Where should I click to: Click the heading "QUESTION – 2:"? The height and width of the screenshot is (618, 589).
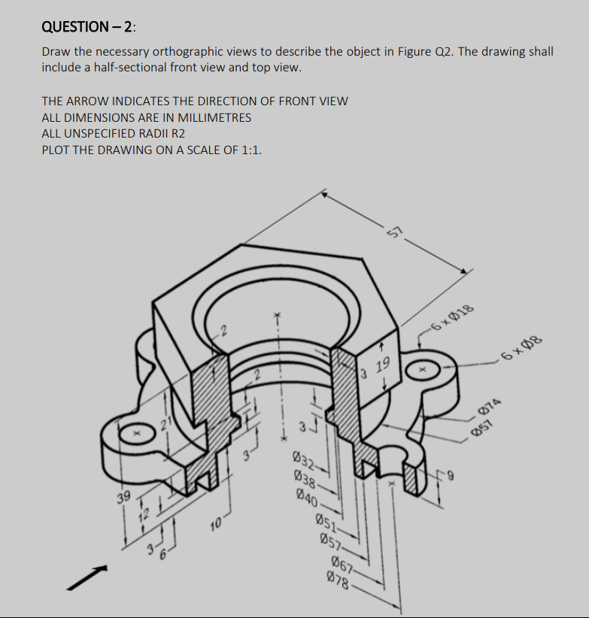coord(89,27)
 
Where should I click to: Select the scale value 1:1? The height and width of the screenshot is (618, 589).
coord(250,150)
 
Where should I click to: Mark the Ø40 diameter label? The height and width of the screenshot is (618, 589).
coord(310,495)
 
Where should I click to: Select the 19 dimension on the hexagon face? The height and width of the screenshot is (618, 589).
coord(382,366)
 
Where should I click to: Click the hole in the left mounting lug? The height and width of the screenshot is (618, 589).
coord(137,434)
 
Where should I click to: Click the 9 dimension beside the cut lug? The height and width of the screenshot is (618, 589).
coord(453,474)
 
